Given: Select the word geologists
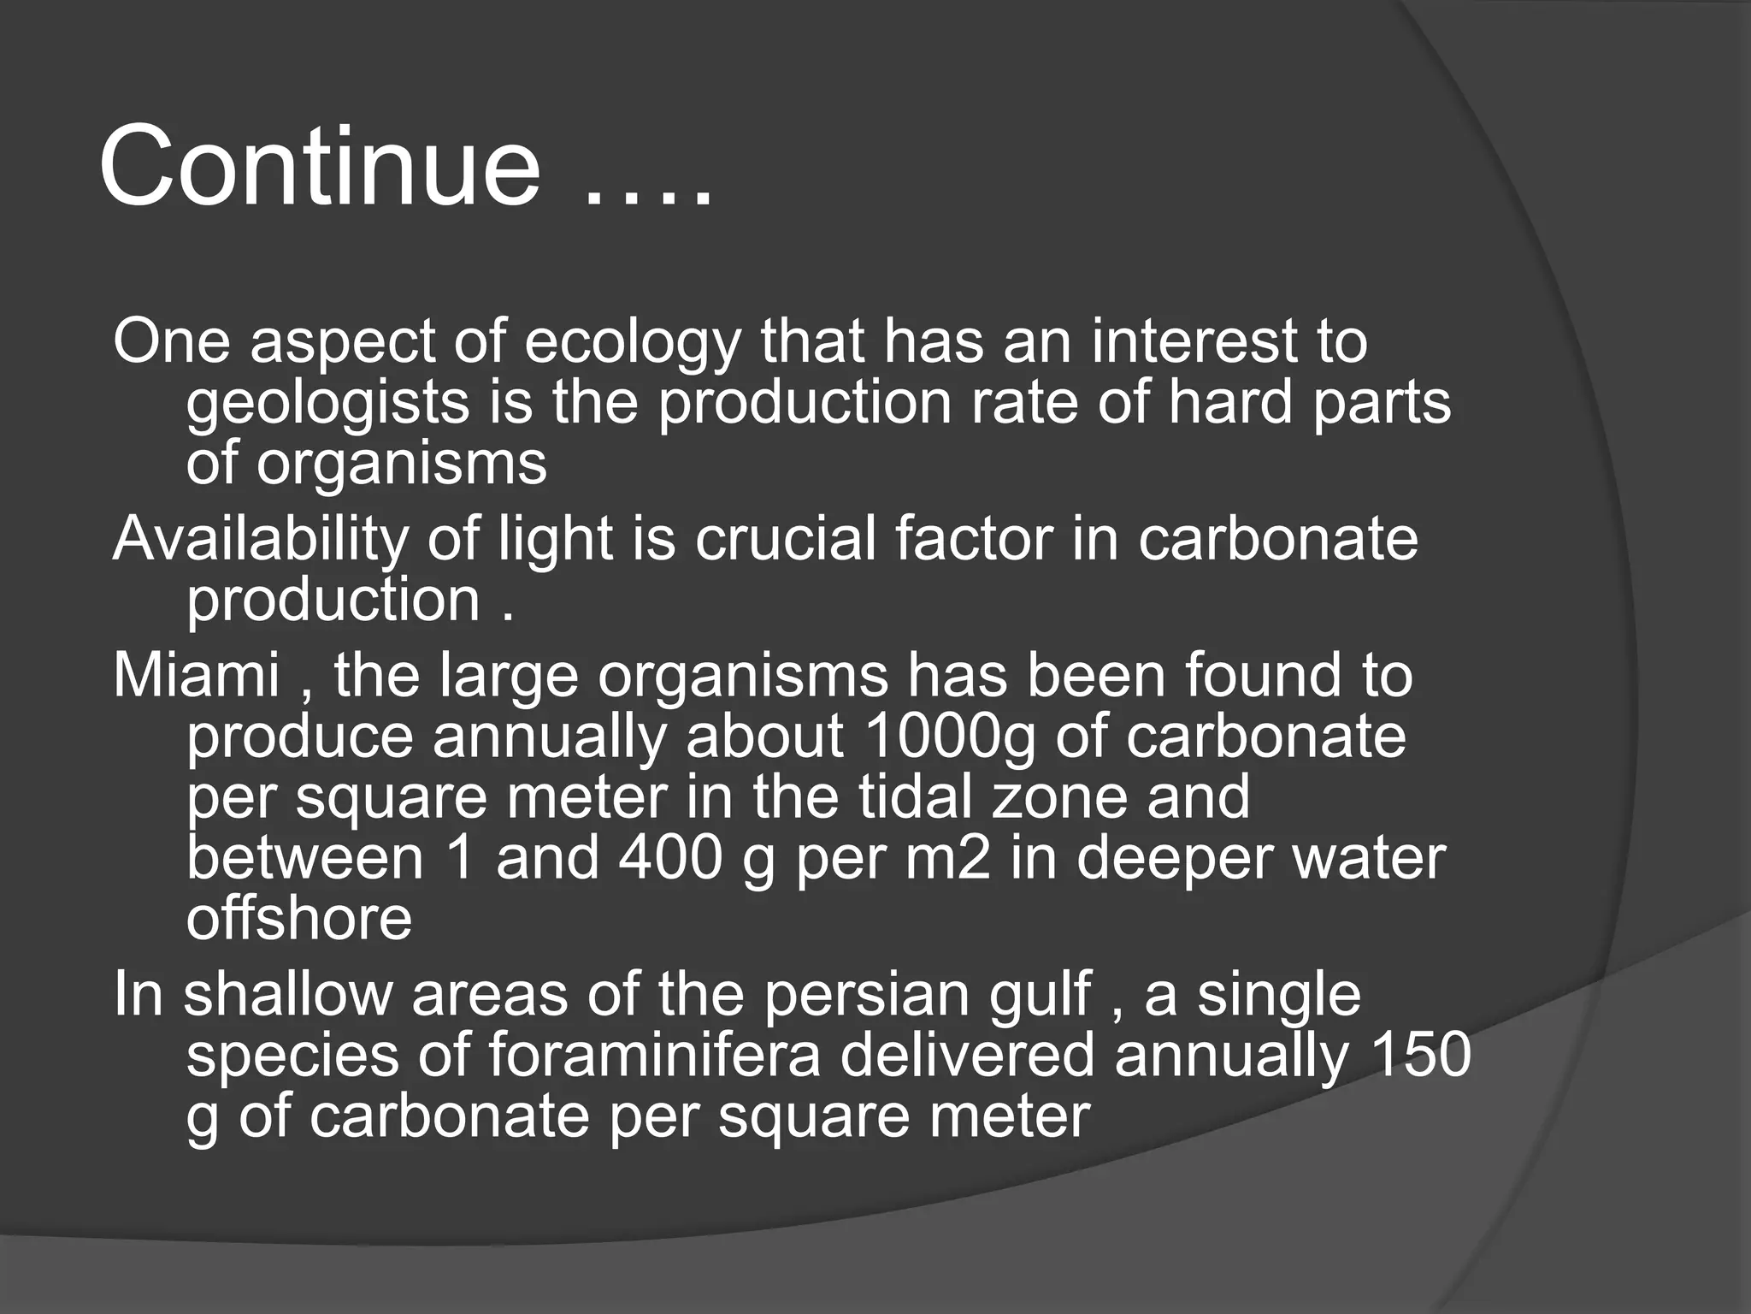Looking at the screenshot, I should point(327,404).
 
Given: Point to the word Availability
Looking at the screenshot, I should point(258,540).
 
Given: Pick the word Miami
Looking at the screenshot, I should point(197,676).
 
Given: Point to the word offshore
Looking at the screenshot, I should point(299,919).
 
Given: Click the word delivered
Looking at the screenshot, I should point(967,1056).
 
